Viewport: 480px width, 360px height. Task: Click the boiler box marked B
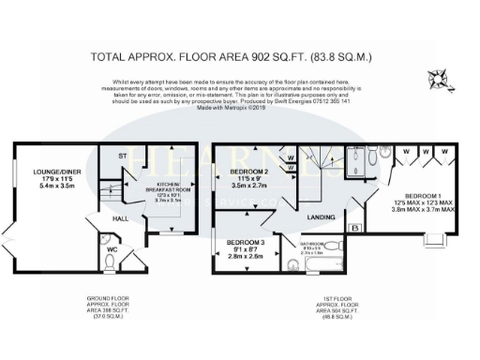tap(354, 227)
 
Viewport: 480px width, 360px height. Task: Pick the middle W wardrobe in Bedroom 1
tap(427, 152)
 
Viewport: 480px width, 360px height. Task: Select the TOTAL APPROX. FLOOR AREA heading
tap(239, 55)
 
